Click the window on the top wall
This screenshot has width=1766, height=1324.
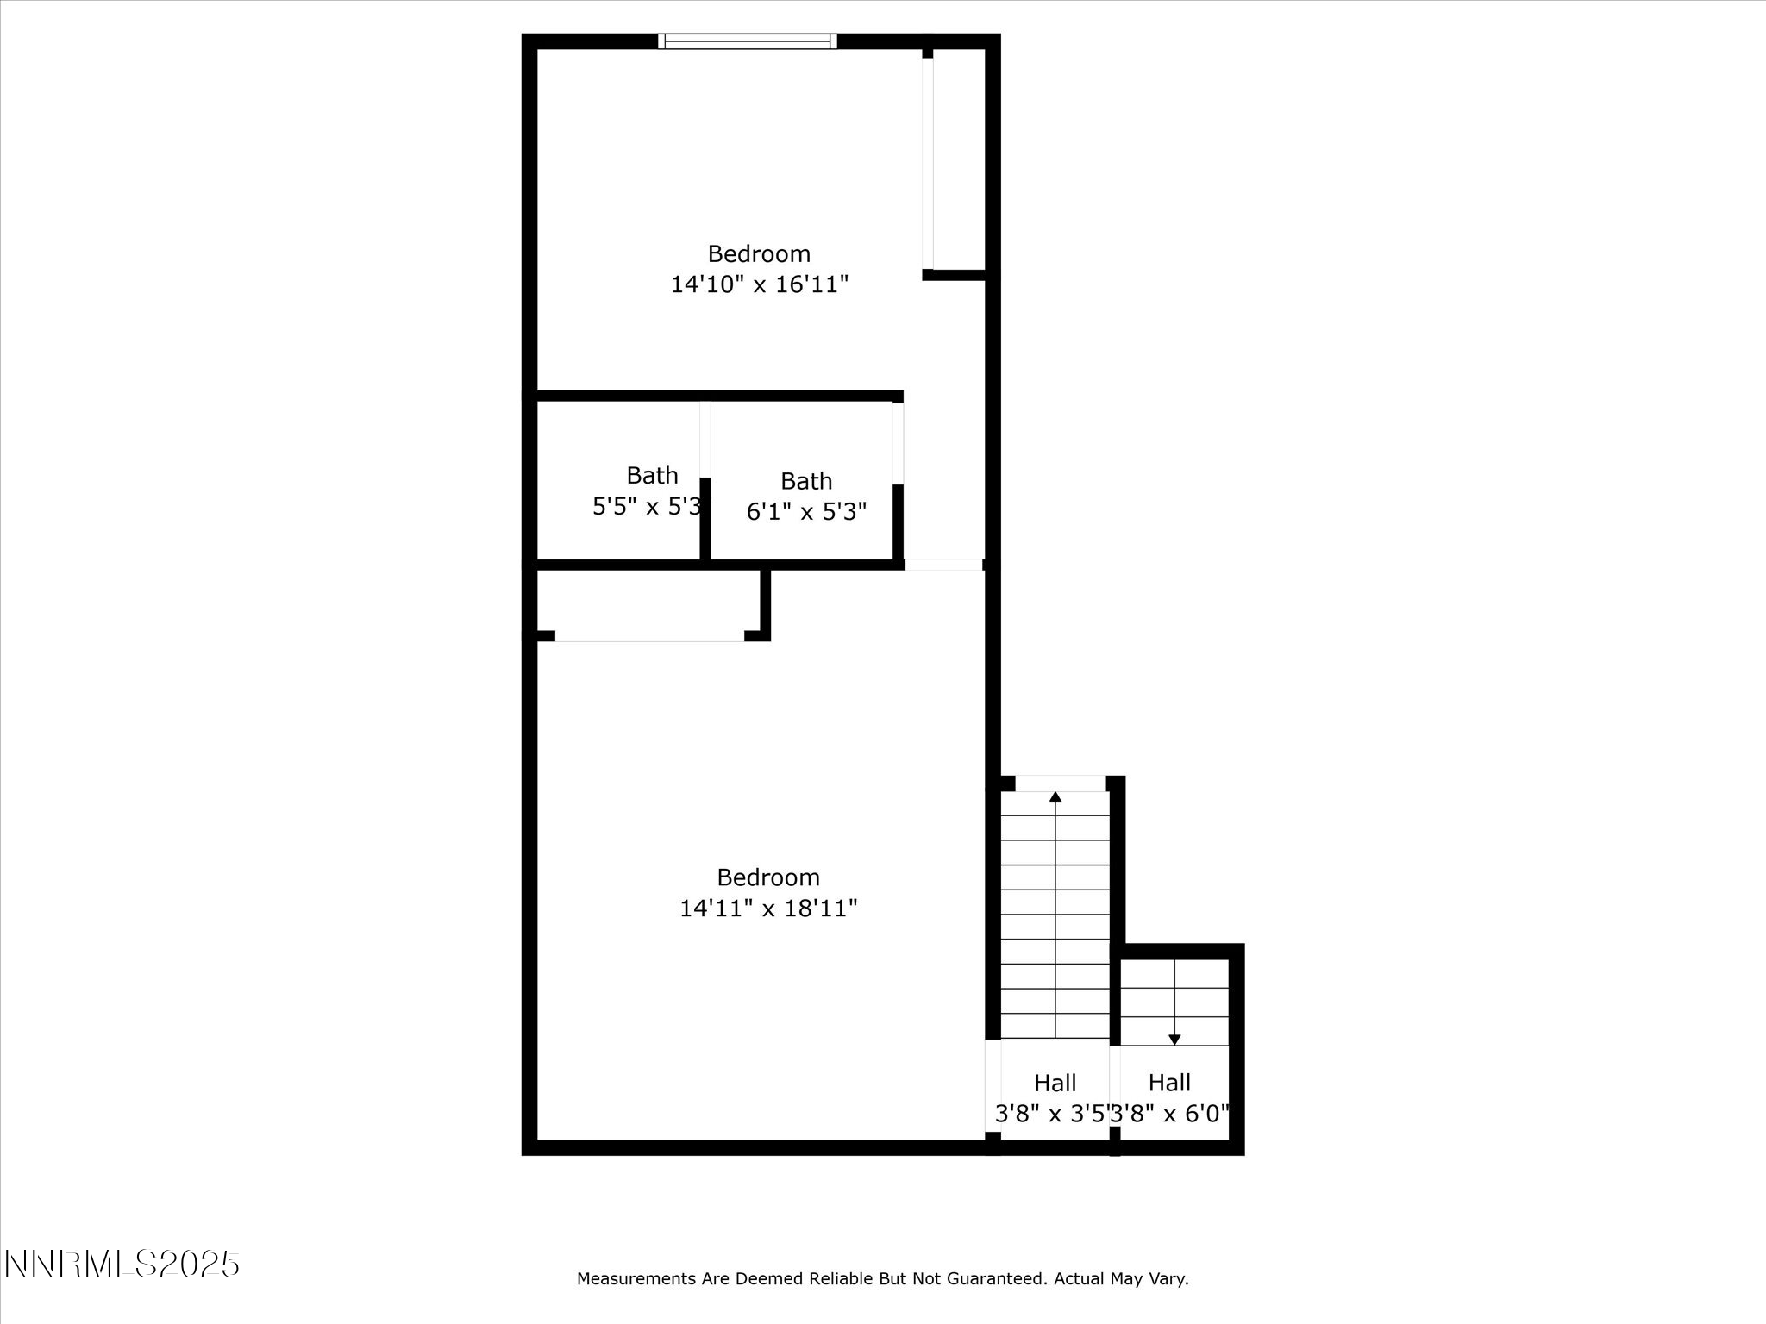pyautogui.click(x=747, y=41)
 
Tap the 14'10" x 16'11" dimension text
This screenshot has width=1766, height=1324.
pyautogui.click(x=760, y=284)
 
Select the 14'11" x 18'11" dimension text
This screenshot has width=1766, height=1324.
pyautogui.click(x=768, y=909)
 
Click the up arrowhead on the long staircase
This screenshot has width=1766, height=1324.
pyautogui.click(x=1055, y=796)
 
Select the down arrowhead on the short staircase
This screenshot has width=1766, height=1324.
pyautogui.click(x=1174, y=1040)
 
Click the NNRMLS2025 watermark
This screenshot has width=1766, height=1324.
pyautogui.click(x=122, y=1265)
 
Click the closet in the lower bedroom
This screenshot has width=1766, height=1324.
pyautogui.click(x=648, y=602)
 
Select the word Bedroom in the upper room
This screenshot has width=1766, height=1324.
pyautogui.click(x=759, y=254)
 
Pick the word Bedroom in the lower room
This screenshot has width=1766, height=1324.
pyautogui.click(x=768, y=877)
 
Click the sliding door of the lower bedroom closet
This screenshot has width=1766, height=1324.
pyautogui.click(x=649, y=636)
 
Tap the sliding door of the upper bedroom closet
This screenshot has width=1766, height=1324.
pyautogui.click(x=928, y=164)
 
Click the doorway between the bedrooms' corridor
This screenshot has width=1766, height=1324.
pyautogui.click(x=944, y=565)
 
